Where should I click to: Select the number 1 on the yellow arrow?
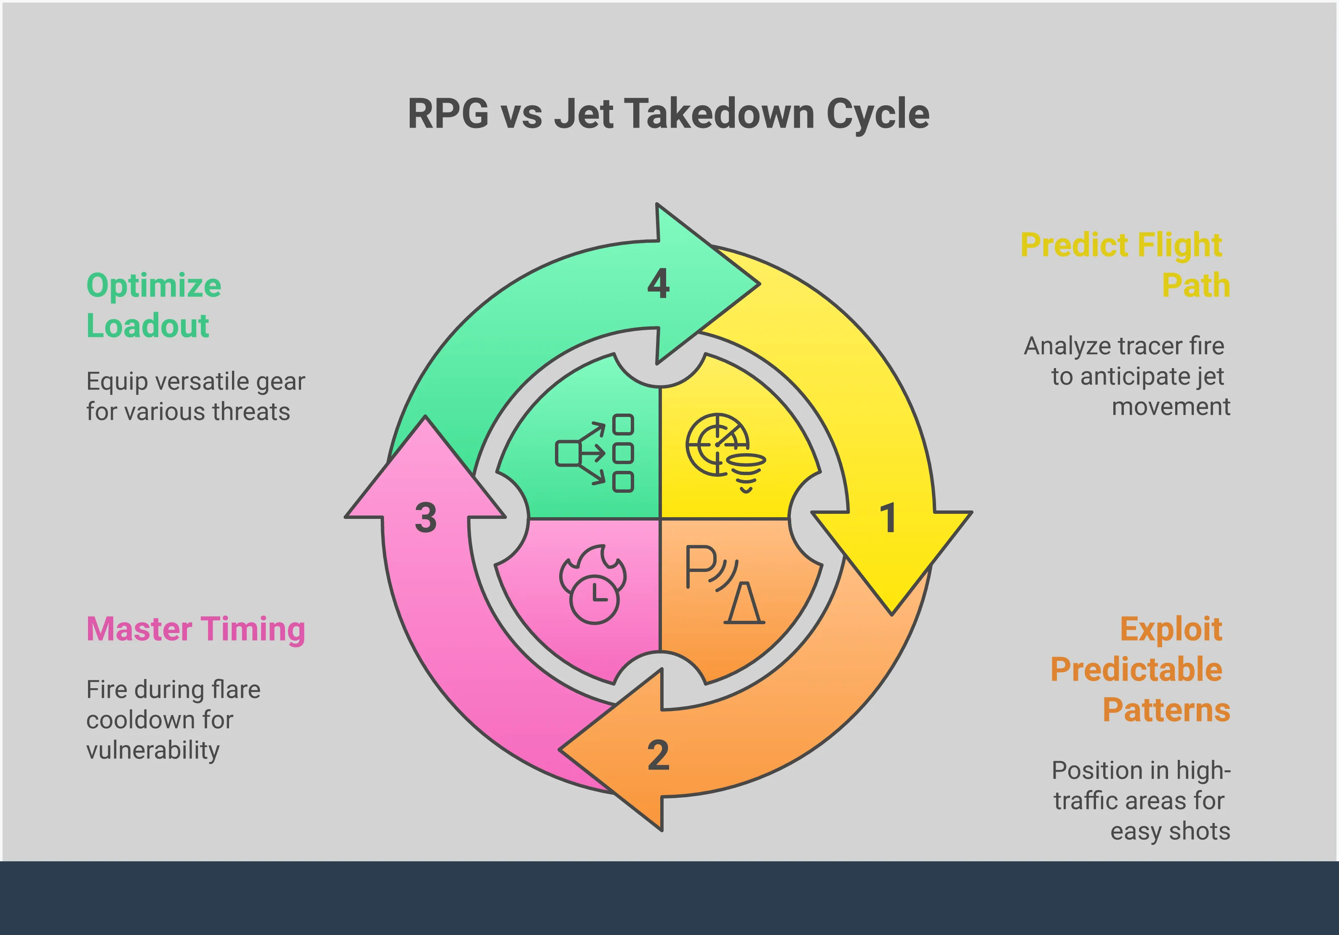(888, 518)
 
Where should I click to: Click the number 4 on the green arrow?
(659, 284)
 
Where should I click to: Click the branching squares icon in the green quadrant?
(594, 453)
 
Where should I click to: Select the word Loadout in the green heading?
(147, 326)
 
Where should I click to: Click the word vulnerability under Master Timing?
(153, 751)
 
